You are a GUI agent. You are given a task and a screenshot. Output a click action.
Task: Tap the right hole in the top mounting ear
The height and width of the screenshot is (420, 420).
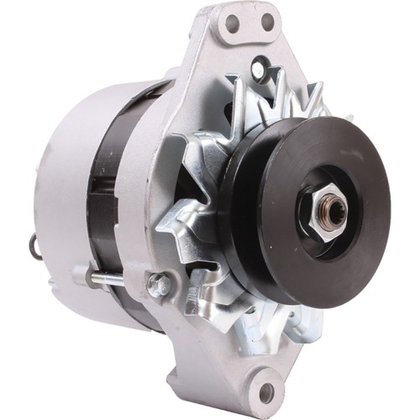268,20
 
